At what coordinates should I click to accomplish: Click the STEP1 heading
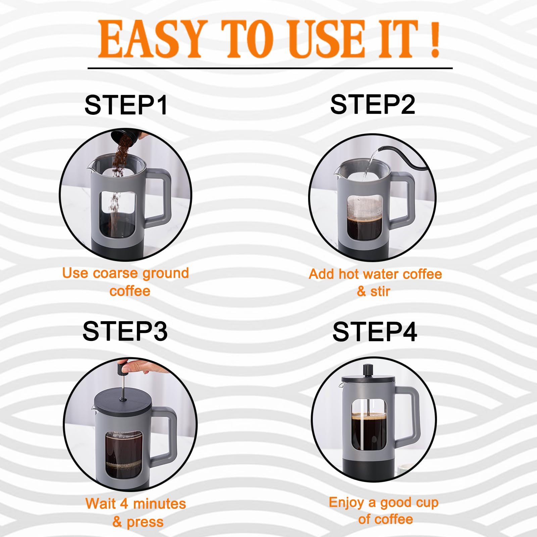tap(126, 105)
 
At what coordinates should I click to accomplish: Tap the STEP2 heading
tap(373, 104)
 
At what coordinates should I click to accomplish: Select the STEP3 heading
tap(125, 331)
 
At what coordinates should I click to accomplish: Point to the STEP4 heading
tap(375, 332)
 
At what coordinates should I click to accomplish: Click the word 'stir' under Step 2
tap(380, 291)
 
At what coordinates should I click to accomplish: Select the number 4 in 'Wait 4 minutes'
tap(124, 503)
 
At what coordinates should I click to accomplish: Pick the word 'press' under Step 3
tap(145, 522)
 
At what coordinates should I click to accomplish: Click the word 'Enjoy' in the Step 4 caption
tap(346, 502)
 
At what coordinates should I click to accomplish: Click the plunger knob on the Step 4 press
tap(368, 369)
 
